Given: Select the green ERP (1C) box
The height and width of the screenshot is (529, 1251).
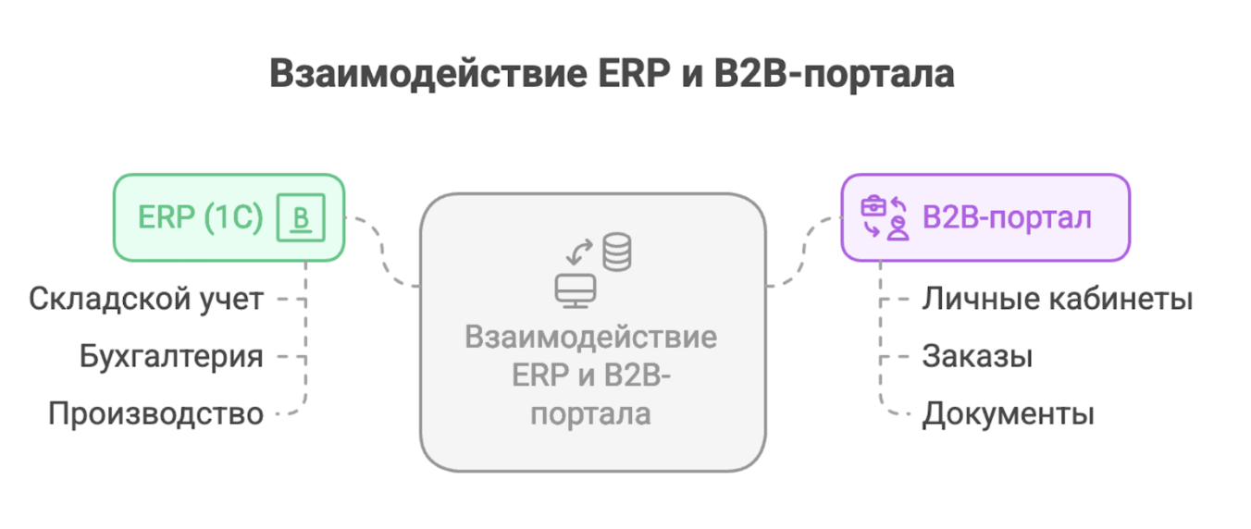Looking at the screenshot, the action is click(229, 217).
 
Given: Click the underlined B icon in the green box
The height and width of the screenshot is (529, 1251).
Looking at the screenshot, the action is click(301, 219).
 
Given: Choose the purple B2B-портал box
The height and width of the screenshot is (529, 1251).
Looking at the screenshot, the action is click(985, 217).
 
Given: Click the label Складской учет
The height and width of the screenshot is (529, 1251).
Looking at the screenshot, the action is click(146, 300).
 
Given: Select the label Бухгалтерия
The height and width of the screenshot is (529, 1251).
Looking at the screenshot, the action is click(171, 356).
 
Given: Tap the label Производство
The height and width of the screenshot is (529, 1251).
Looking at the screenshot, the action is click(156, 413).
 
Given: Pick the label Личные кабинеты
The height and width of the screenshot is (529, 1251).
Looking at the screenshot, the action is click(1057, 300).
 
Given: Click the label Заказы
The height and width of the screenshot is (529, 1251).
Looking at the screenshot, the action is click(977, 356).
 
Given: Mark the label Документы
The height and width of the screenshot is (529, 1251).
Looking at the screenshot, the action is click(1008, 413).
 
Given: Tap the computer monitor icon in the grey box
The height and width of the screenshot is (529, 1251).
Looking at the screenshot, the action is click(575, 289).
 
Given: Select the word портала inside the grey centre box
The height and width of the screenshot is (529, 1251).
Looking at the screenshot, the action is click(592, 413).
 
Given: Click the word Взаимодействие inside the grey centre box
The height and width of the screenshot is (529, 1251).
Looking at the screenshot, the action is click(591, 337).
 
